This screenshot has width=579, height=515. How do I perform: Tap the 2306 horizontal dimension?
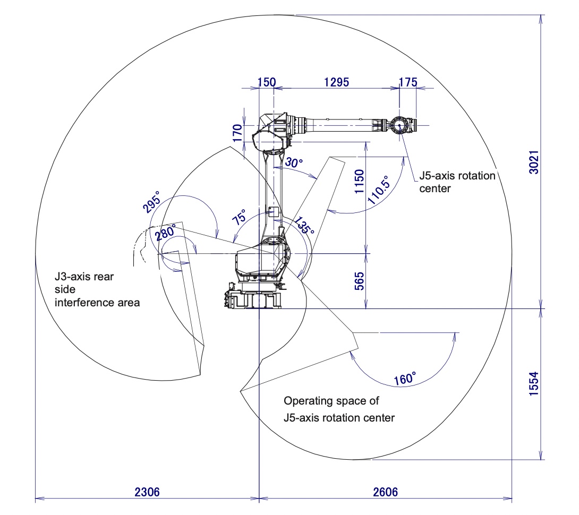pos(147,492)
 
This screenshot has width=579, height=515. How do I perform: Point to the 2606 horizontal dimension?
pos(386,492)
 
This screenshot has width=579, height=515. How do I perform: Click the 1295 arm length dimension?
pos(337,82)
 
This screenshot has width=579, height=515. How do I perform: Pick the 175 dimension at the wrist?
pos(407,82)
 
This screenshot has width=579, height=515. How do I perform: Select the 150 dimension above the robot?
pos(267,82)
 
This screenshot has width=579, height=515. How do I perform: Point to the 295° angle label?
pos(151,201)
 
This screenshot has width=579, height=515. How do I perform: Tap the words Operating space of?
pos(331,401)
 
